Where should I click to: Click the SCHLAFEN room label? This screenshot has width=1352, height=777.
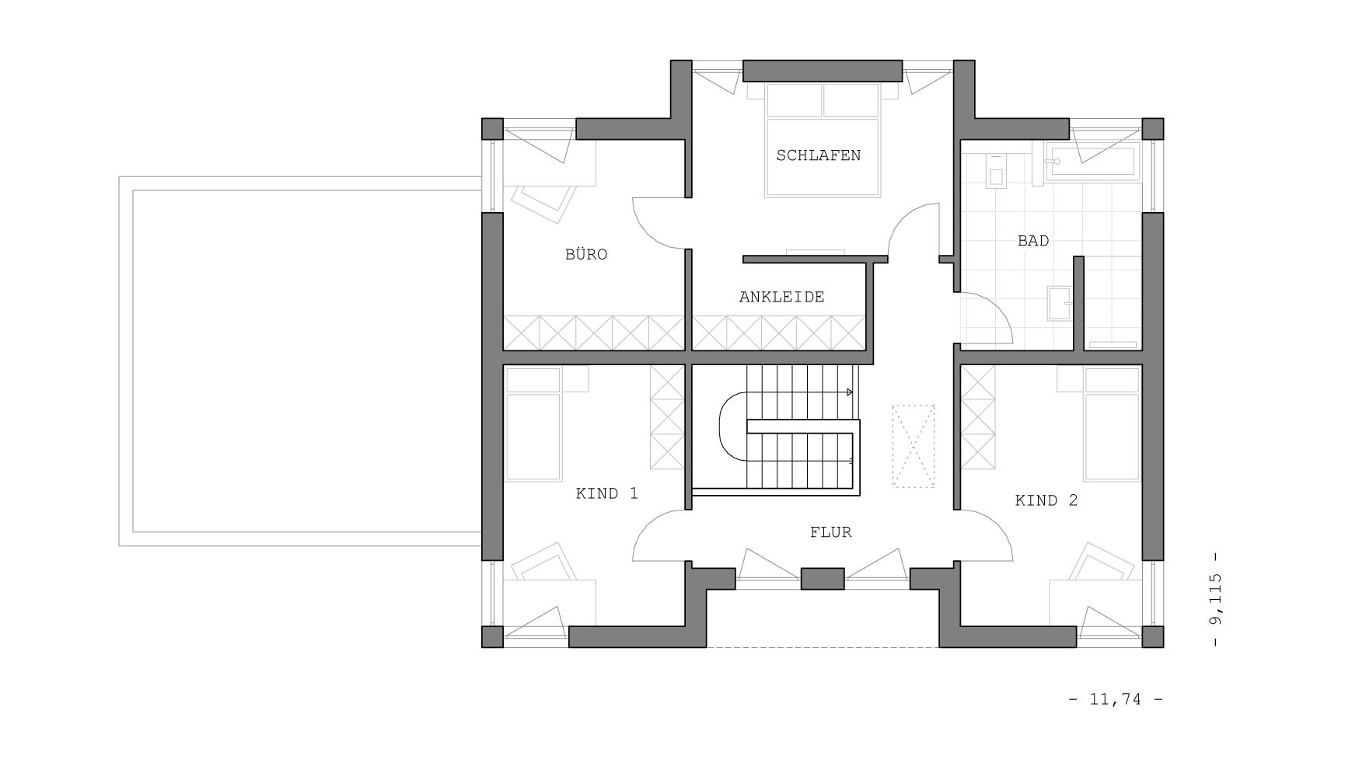[818, 155]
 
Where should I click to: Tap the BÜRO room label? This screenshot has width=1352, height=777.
[586, 254]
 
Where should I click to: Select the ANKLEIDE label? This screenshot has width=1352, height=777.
[781, 297]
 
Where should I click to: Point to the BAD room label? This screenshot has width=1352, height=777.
[1033, 241]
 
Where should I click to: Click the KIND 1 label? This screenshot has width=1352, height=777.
[606, 493]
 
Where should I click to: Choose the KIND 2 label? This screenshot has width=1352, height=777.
[1046, 500]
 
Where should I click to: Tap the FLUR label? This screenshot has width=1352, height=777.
[830, 532]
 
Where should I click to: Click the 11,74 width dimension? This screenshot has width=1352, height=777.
[1116, 699]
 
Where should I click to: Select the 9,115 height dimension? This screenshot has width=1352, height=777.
[1216, 599]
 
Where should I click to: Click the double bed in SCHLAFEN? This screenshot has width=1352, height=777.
[823, 140]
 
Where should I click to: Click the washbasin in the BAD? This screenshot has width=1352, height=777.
[1059, 303]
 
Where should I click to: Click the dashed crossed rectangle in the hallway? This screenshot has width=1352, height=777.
[914, 446]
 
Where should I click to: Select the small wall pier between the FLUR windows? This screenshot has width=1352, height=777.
[823, 579]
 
